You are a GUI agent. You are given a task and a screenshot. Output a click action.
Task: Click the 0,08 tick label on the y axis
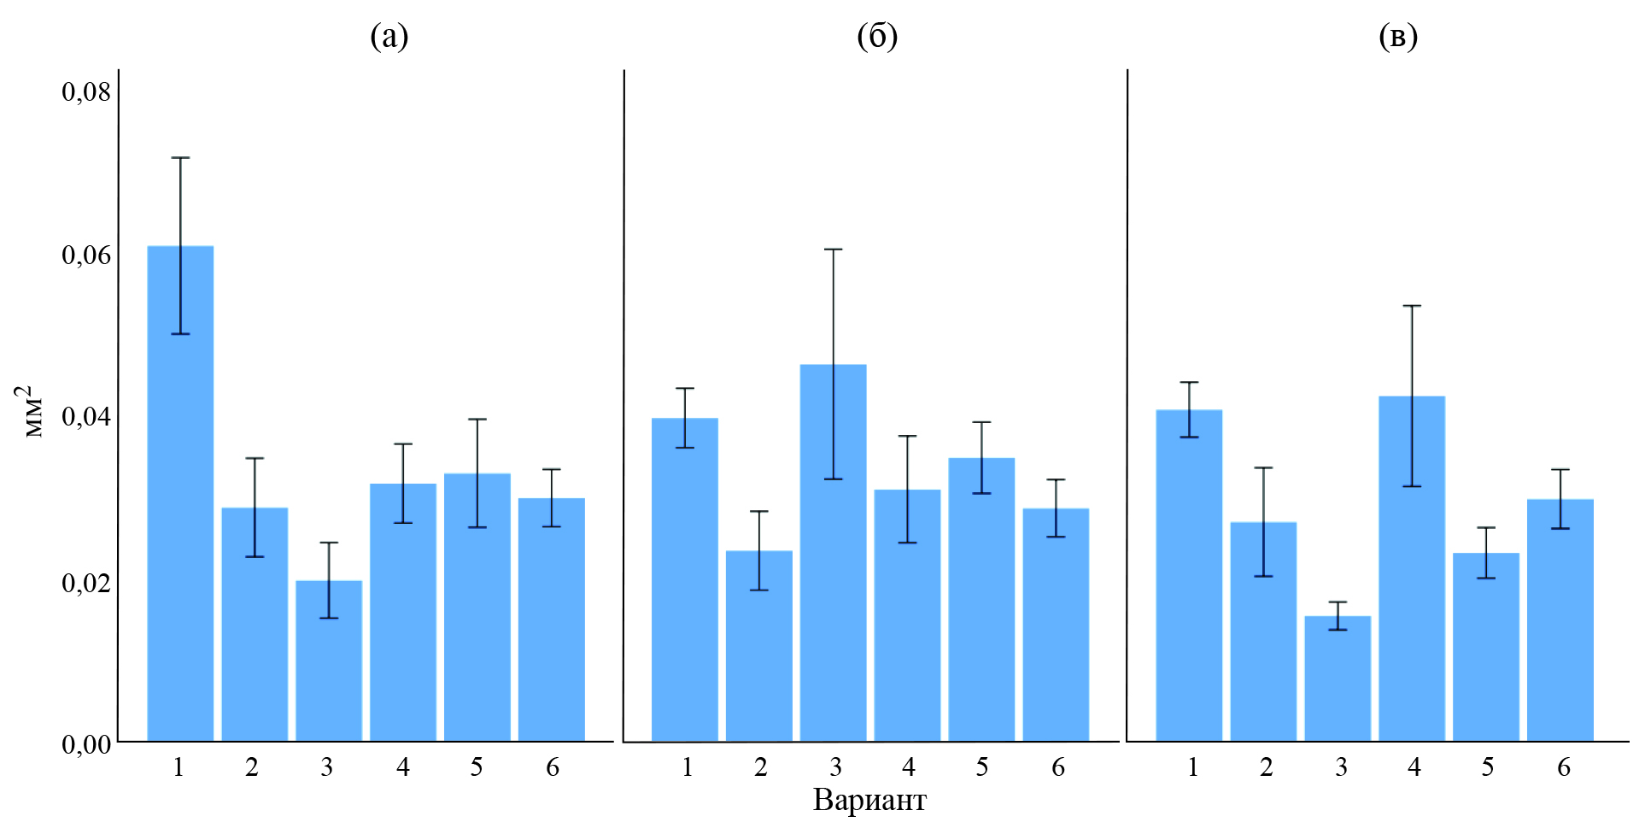pyautogui.click(x=86, y=91)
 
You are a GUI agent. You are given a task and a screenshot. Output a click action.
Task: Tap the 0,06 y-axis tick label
pyautogui.click(x=86, y=255)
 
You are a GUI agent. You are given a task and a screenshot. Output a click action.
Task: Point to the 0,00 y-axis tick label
pyautogui.click(x=86, y=744)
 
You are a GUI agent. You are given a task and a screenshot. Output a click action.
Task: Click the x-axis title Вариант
pyautogui.click(x=869, y=801)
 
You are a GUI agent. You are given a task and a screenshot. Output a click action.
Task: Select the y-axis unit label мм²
pyautogui.click(x=32, y=411)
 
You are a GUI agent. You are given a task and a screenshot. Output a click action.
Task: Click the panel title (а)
pyautogui.click(x=389, y=36)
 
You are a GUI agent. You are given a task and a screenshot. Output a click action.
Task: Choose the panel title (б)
pyautogui.click(x=877, y=36)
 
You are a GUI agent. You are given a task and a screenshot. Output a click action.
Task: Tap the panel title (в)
pyautogui.click(x=1398, y=36)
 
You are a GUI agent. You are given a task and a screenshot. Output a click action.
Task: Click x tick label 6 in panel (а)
pyautogui.click(x=553, y=767)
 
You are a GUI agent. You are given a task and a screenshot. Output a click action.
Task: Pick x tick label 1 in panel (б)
pyautogui.click(x=687, y=767)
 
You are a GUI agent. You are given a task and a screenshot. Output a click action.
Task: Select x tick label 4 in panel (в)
pyautogui.click(x=1414, y=767)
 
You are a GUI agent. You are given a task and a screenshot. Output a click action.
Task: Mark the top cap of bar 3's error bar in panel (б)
pyautogui.click(x=833, y=250)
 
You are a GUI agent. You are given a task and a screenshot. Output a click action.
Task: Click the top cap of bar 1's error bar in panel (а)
pyautogui.click(x=180, y=158)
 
